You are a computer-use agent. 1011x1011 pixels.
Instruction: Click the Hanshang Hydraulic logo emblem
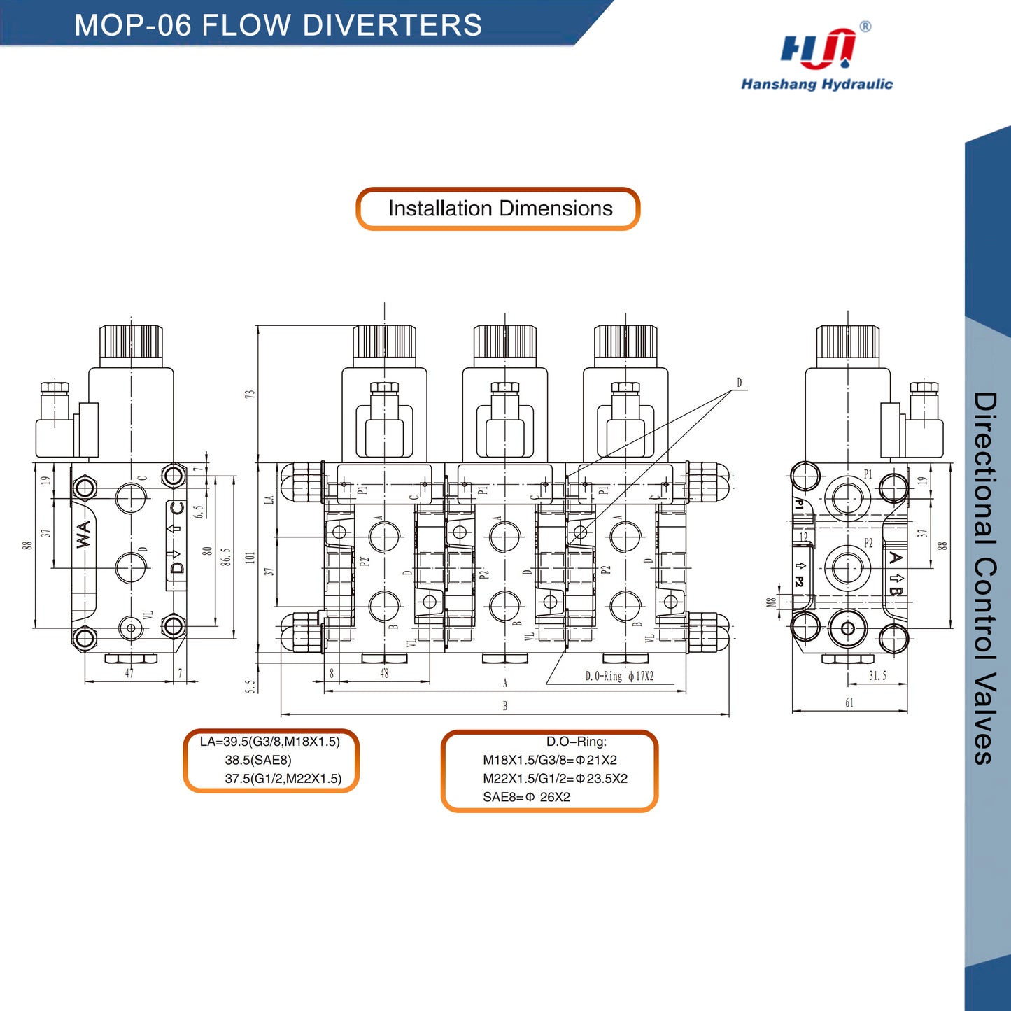click(x=817, y=50)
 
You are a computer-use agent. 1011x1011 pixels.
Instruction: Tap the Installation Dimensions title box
click(x=498, y=208)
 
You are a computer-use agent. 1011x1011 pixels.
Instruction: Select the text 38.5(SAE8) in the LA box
click(x=258, y=760)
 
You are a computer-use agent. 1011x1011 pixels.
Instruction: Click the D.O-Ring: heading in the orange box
click(x=577, y=742)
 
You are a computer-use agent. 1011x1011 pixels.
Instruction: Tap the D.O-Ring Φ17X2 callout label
click(x=619, y=677)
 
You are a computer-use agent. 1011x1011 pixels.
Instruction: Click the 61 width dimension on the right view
click(x=849, y=703)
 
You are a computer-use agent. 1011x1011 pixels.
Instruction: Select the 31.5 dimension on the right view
click(x=877, y=676)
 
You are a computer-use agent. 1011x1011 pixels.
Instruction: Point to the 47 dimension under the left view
click(x=129, y=673)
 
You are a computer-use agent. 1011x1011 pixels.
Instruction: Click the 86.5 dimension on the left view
click(x=226, y=557)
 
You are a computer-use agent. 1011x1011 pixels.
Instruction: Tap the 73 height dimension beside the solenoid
click(x=250, y=395)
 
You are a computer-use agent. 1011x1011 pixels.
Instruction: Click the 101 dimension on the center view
click(x=250, y=558)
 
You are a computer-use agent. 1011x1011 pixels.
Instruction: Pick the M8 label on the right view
click(x=771, y=602)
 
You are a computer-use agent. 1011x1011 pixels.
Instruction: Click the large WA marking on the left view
click(x=83, y=535)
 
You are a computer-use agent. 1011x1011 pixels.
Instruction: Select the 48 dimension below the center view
click(x=384, y=674)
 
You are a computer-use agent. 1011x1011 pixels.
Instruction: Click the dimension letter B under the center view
click(x=505, y=706)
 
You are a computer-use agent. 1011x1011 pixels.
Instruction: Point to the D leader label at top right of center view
click(x=739, y=383)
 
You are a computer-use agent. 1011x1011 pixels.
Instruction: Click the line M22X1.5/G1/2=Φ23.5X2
click(x=555, y=779)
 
